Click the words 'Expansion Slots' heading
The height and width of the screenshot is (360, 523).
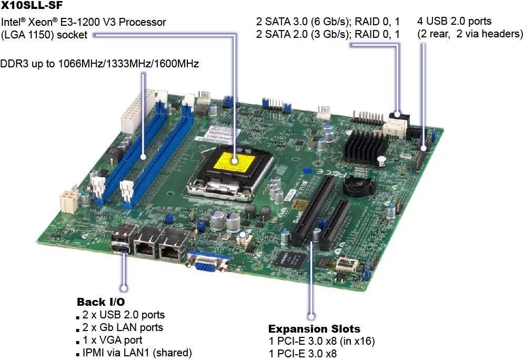pyautogui.click(x=314, y=329)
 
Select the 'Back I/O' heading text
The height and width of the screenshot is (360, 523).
pyautogui.click(x=101, y=302)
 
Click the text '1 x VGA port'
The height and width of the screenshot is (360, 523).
pyautogui.click(x=112, y=340)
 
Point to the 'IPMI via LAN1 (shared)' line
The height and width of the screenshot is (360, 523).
pyautogui.click(x=137, y=353)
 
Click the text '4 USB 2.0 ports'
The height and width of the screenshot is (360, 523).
pyautogui.click(x=454, y=22)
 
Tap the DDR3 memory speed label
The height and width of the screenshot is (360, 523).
pyautogui.click(x=99, y=64)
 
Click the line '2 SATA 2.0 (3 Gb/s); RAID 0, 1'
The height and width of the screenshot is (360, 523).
pyautogui.click(x=328, y=34)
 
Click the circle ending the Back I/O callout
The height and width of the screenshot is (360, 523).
pyautogui.click(x=124, y=288)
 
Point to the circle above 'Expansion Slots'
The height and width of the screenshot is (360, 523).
pyautogui.click(x=311, y=316)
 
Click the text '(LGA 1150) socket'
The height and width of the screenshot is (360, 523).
pyautogui.click(x=44, y=35)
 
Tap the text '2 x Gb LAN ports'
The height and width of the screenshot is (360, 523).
pyautogui.click(x=123, y=327)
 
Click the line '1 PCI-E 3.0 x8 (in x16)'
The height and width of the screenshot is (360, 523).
pyautogui.click(x=321, y=342)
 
